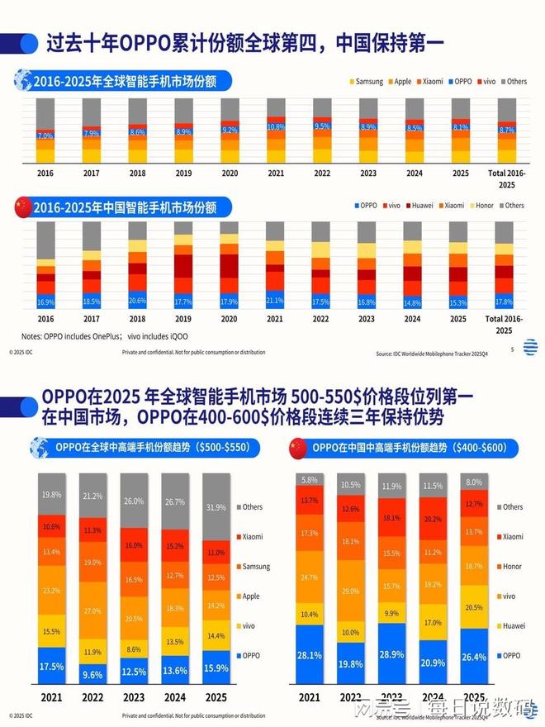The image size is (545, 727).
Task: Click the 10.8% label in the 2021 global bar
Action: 276,127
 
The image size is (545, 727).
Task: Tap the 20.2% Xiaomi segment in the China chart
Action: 432,520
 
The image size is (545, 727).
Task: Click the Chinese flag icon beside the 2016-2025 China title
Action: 21,206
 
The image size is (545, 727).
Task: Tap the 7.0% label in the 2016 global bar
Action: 45,135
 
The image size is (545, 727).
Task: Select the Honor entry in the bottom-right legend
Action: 511,567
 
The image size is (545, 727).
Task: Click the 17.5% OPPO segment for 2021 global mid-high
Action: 51,665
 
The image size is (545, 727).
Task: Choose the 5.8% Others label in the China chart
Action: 309,480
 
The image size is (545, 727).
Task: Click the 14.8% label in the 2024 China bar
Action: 413,302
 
